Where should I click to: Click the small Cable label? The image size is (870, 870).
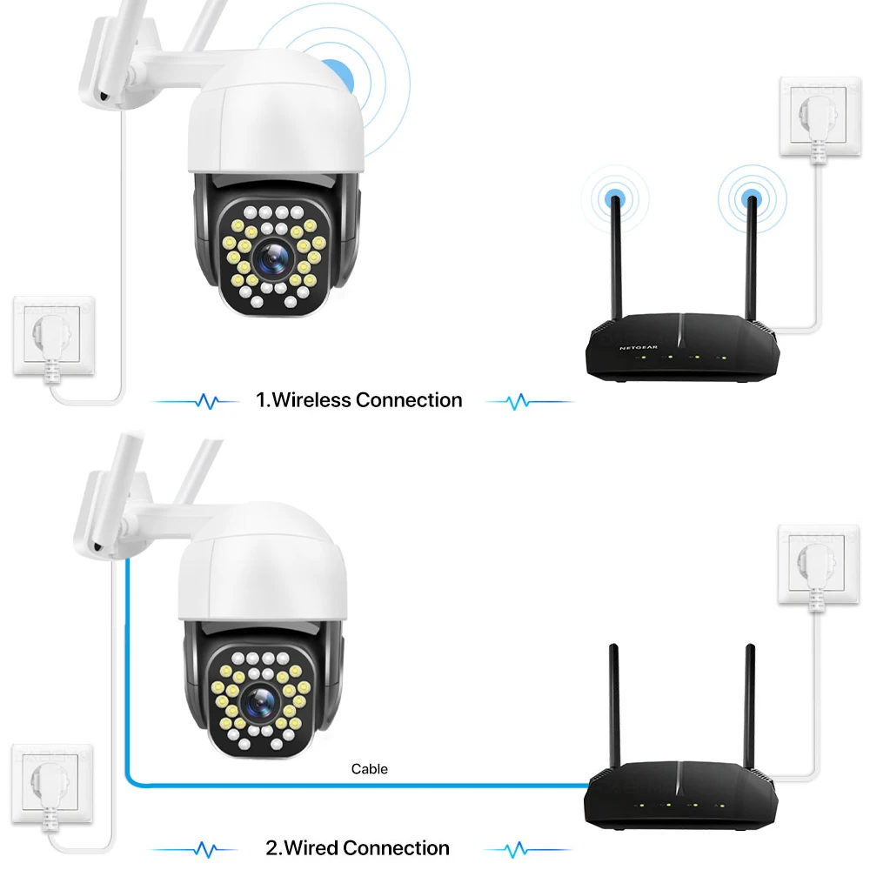[x=370, y=769]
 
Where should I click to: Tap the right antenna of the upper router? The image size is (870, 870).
[x=751, y=252]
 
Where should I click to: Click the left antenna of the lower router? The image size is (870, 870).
[x=614, y=705]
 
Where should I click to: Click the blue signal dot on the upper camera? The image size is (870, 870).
[x=338, y=74]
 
